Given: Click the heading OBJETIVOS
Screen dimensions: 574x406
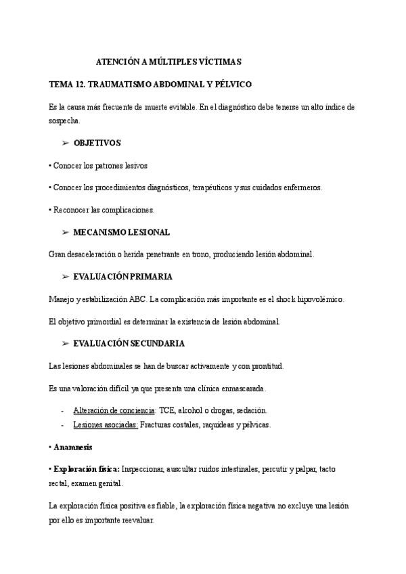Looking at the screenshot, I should click(97, 143).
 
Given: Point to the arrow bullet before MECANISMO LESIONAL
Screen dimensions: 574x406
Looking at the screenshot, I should click(66, 232).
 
